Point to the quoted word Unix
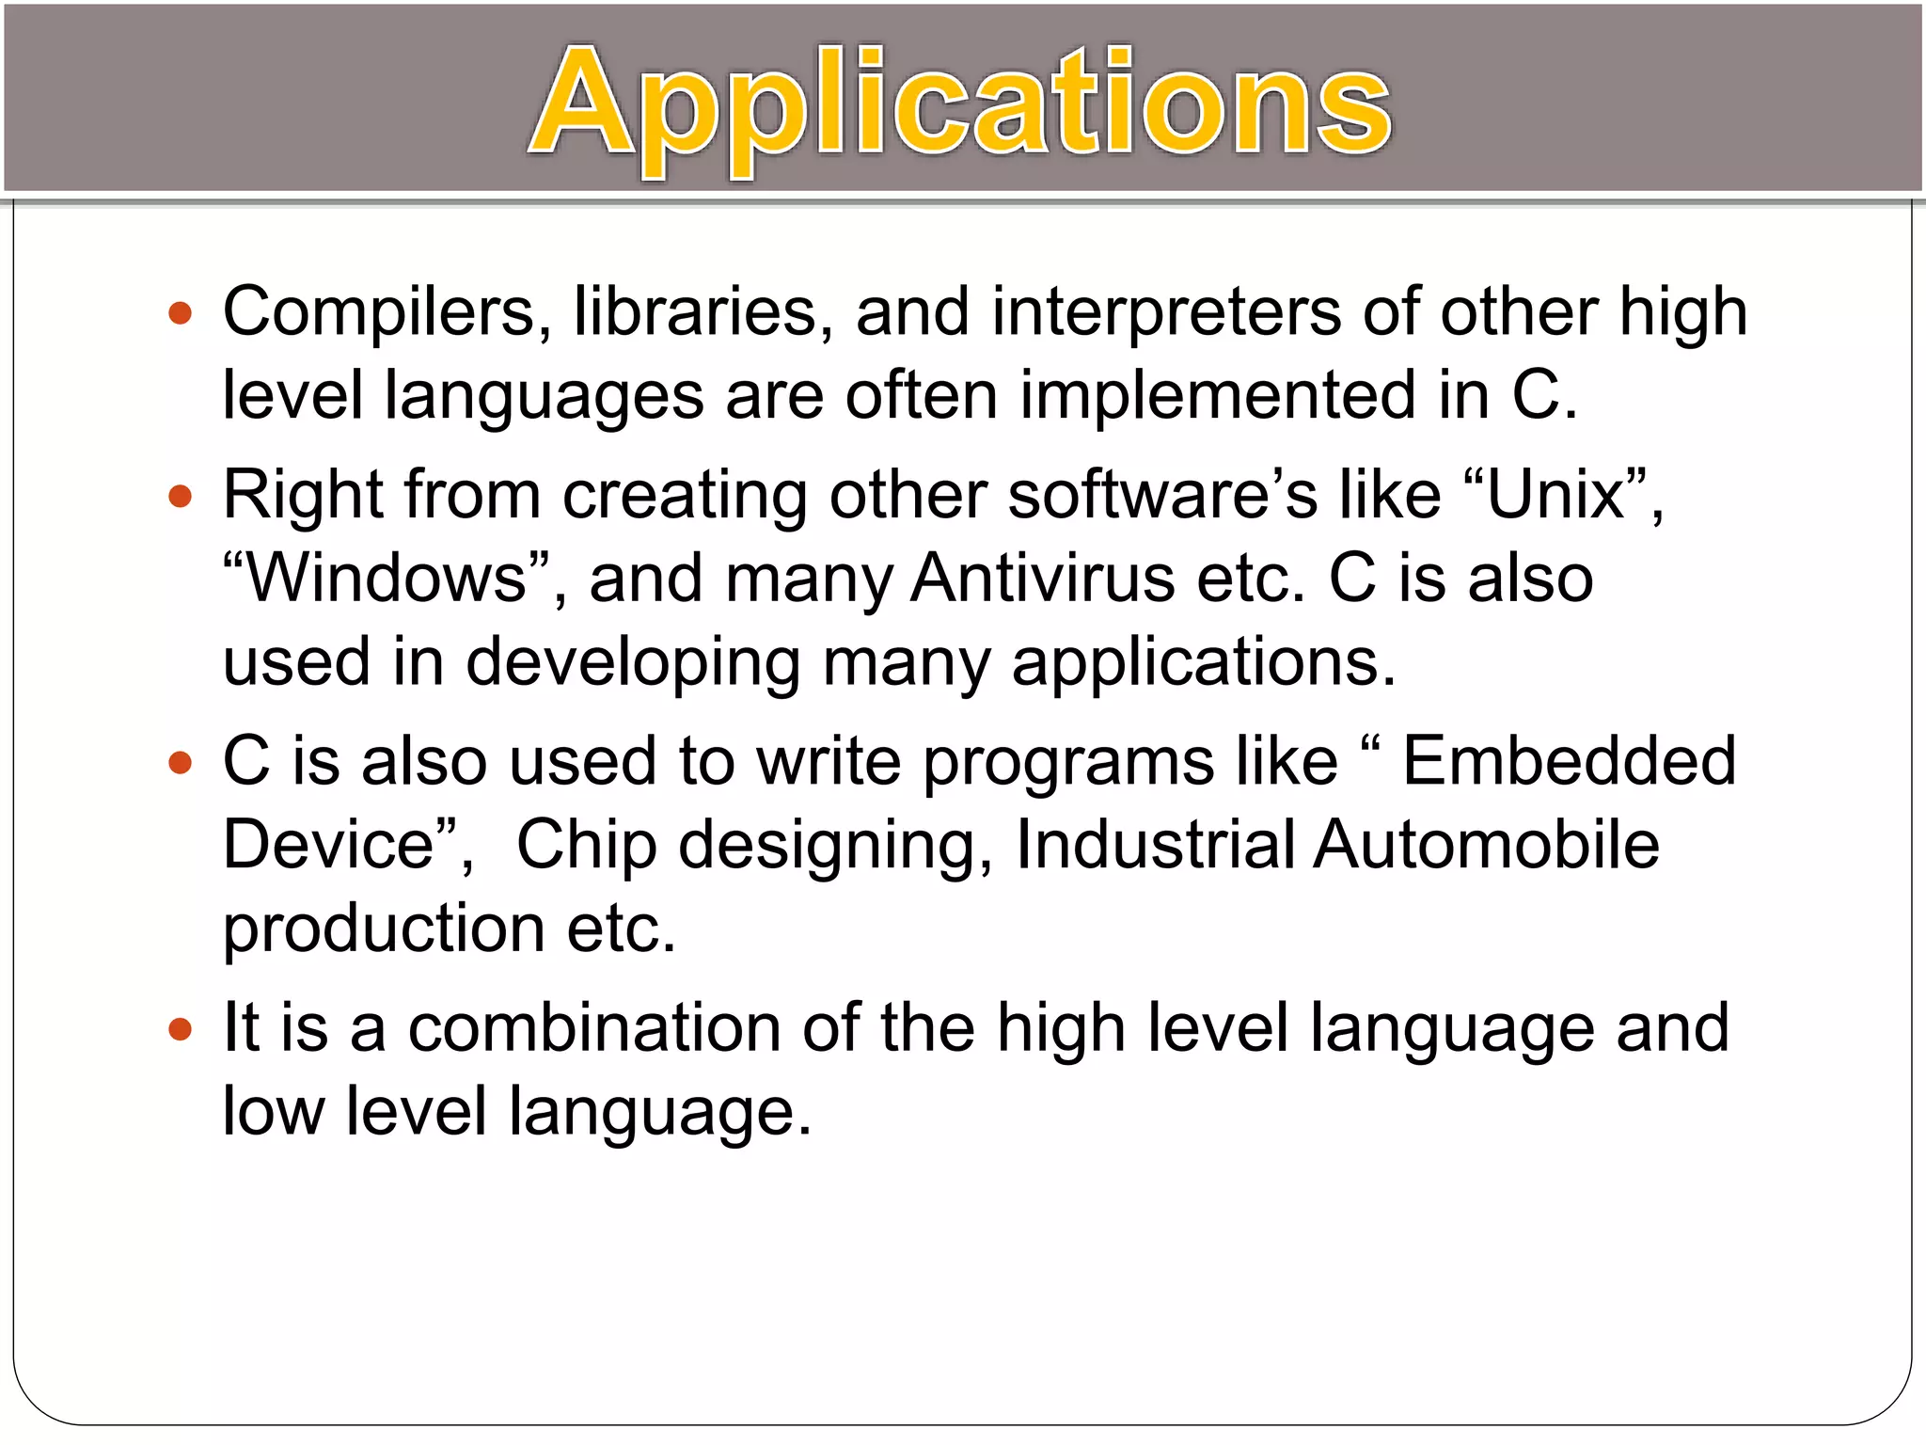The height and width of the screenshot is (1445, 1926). click(x=1556, y=494)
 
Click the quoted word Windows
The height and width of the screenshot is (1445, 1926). click(x=386, y=578)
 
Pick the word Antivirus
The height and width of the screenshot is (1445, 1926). click(x=1042, y=578)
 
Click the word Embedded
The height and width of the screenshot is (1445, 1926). click(x=1569, y=760)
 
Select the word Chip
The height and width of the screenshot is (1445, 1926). click(x=586, y=844)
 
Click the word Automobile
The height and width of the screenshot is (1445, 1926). click(x=1486, y=844)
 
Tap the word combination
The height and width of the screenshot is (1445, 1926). click(x=594, y=1027)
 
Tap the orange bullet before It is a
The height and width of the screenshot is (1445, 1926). click(x=180, y=1028)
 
